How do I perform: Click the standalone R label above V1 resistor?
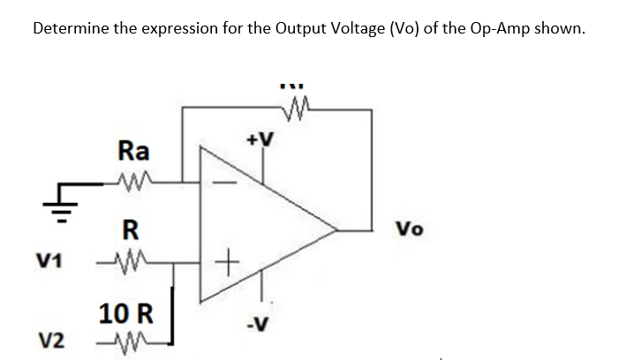[x=130, y=232]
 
